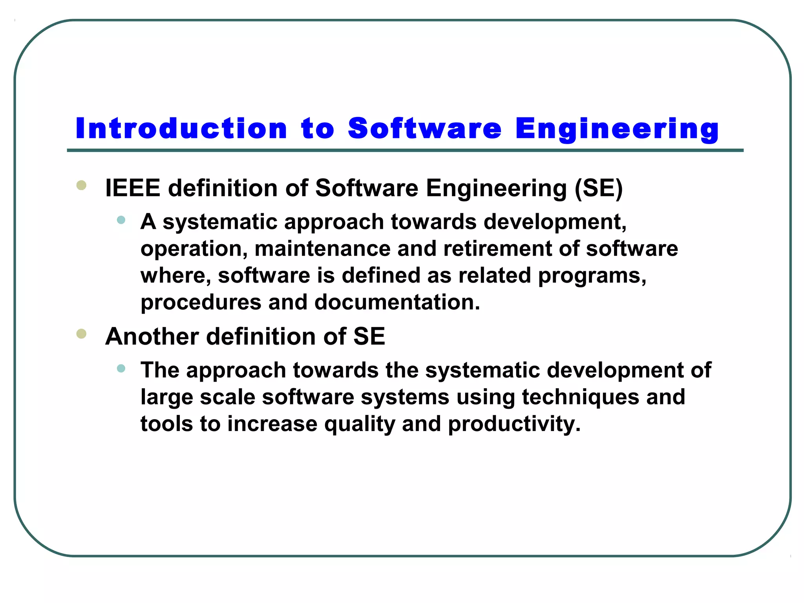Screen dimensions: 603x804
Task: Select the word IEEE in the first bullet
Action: [133, 188]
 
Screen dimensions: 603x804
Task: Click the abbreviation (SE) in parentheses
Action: [599, 188]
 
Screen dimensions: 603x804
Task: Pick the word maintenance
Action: [323, 249]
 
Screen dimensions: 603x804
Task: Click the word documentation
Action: [397, 302]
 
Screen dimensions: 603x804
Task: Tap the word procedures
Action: [201, 302]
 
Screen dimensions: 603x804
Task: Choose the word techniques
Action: [581, 397]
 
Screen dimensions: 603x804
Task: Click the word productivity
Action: [514, 424]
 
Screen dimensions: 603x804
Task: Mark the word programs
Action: [592, 276]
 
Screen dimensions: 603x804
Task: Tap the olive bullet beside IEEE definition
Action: [81, 185]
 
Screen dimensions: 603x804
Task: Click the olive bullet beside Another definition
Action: [81, 334]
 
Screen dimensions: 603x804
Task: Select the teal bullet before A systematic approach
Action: [121, 220]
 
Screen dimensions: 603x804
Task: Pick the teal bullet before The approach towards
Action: [121, 368]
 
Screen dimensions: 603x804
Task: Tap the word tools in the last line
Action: [167, 424]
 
